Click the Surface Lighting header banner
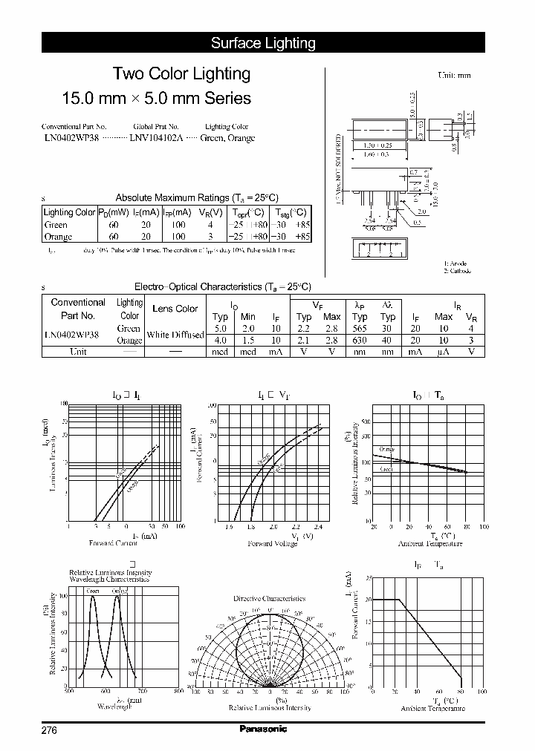pos(263,43)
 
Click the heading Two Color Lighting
pos(181,73)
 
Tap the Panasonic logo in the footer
pos(263,729)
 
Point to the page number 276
pos(49,730)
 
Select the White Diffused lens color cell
pos(175,335)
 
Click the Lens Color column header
pos(175,309)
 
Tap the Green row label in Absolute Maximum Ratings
pos(56,225)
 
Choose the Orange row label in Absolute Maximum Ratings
pos(58,237)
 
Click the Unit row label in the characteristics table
pos(78,352)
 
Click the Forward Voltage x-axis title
pos(272,543)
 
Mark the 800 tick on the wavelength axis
pos(178,692)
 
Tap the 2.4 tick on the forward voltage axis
pos(319,526)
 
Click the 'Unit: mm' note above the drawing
pos(454,75)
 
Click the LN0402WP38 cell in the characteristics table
pos(71,334)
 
